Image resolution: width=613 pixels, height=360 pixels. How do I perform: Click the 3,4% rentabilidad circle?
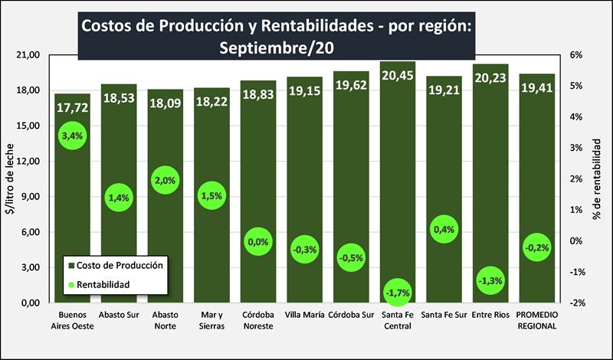coord(72,136)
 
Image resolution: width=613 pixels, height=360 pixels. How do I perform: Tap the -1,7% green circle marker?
coord(397,293)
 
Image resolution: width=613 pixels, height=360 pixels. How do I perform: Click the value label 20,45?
coord(397,75)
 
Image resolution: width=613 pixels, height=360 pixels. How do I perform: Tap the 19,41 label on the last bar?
coord(536,88)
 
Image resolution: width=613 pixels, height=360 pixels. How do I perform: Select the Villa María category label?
coord(304,315)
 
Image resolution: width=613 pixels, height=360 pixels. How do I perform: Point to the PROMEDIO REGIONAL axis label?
coord(536,320)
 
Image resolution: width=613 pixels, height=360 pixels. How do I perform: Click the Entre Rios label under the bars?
coord(490,315)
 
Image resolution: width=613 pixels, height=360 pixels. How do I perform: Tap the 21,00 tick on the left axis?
coord(28,55)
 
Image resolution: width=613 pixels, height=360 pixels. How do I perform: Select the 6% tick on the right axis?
coord(576,55)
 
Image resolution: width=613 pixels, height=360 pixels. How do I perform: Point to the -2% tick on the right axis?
coord(578,303)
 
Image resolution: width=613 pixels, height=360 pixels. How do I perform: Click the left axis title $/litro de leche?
coord(10,179)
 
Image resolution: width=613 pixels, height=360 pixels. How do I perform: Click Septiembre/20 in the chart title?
coord(277,47)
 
